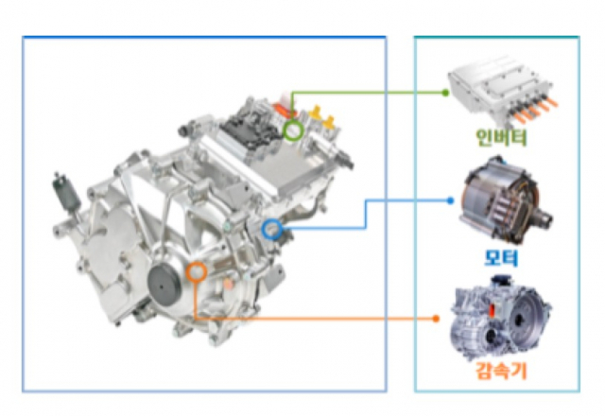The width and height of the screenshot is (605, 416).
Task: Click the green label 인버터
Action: (501, 137)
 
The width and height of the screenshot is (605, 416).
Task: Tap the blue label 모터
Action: (501, 257)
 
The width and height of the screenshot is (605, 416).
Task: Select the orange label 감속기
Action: (501, 371)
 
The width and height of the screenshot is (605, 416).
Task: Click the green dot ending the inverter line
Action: (445, 93)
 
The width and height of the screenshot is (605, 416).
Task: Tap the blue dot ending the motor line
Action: (450, 200)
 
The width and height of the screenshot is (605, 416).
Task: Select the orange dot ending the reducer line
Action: (436, 319)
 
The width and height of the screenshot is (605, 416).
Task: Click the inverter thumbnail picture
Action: (502, 91)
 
